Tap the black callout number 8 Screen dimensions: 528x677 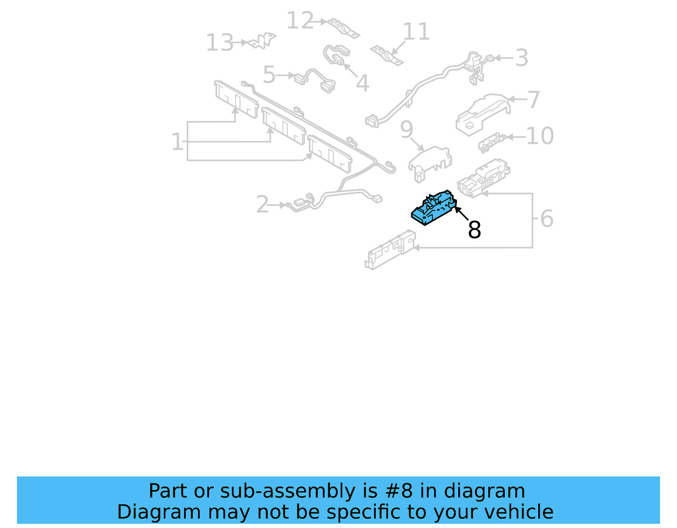tap(474, 230)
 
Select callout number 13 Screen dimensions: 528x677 tap(220, 43)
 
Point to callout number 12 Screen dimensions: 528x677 tap(300, 20)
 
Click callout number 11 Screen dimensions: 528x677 tap(416, 32)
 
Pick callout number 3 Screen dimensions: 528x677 tap(522, 58)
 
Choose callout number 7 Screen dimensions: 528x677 tap(534, 100)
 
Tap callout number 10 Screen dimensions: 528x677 tap(540, 136)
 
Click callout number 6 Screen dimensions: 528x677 tap(547, 219)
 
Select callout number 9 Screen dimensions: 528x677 tap(406, 129)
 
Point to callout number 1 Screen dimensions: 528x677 tap(177, 142)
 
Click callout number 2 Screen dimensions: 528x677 tap(262, 205)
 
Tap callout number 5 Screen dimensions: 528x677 tap(269, 75)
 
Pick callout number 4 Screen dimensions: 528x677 tap(363, 83)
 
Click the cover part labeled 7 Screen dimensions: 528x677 tap(482, 113)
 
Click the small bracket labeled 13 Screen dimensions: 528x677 tap(262, 41)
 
